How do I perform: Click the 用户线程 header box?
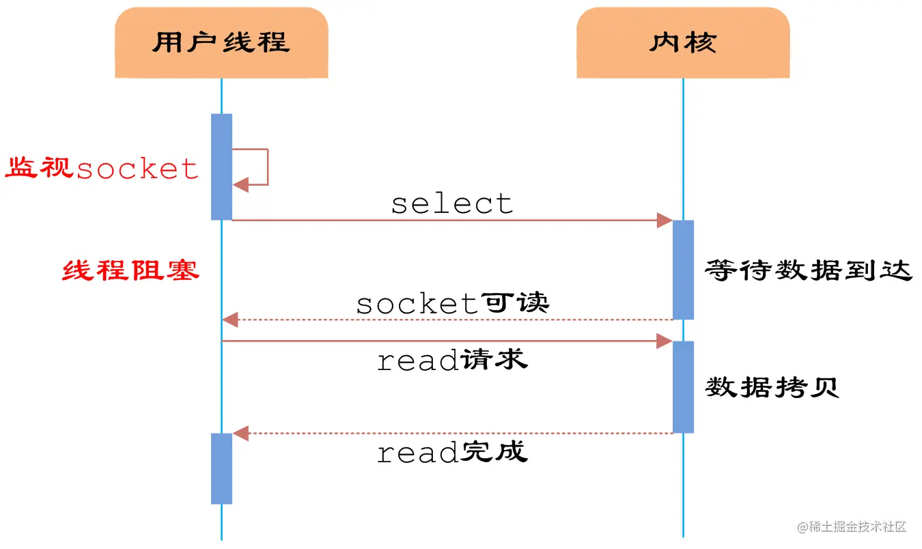tap(221, 42)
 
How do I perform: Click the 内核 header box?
tap(682, 42)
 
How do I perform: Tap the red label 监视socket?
tap(102, 168)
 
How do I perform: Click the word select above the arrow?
tap(451, 203)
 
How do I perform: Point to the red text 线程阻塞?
tap(130, 270)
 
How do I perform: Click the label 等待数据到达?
tap(808, 270)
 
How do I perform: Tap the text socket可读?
tap(451, 303)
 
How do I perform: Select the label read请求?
tap(451, 360)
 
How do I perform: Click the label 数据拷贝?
tap(772, 387)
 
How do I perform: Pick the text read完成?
tap(451, 452)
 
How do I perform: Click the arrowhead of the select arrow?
tap(665, 220)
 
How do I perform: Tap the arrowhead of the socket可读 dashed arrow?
tap(230, 319)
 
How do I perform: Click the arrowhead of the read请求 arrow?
tap(665, 341)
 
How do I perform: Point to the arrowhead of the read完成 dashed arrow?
tap(240, 433)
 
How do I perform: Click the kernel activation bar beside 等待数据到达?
tap(683, 269)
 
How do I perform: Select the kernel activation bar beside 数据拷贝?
tap(683, 386)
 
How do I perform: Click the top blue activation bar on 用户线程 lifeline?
tap(221, 167)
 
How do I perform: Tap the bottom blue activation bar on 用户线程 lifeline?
tap(221, 468)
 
